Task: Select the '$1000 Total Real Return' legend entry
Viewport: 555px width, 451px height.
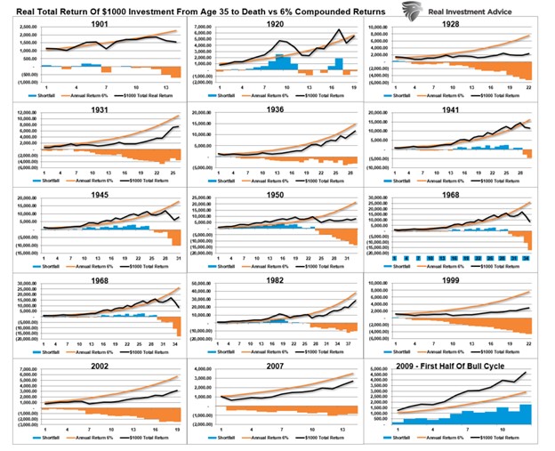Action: point(147,93)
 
